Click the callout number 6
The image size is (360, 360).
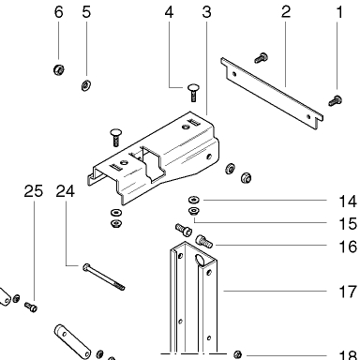click(x=59, y=12)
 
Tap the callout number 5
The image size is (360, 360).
click(x=86, y=12)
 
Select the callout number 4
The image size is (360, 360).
click(x=169, y=12)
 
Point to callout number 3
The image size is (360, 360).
click(x=206, y=12)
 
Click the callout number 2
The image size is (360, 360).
click(x=286, y=12)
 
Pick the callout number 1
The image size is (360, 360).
click(x=339, y=12)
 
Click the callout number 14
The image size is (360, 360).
click(x=348, y=202)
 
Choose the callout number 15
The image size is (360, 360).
click(x=348, y=224)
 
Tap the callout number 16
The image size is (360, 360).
click(x=348, y=247)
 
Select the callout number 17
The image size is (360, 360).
click(x=348, y=292)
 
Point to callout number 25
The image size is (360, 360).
click(x=34, y=191)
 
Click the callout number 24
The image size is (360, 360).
click(x=66, y=191)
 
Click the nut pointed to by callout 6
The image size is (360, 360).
click(x=59, y=69)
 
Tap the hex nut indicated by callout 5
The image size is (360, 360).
click(x=86, y=85)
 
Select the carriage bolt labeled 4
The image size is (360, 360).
click(x=194, y=92)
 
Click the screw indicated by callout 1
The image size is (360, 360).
click(x=336, y=100)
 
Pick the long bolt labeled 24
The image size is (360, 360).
click(x=104, y=277)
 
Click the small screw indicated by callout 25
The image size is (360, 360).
click(x=31, y=307)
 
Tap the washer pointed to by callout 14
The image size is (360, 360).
click(x=194, y=200)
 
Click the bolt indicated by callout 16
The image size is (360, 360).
click(x=203, y=241)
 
